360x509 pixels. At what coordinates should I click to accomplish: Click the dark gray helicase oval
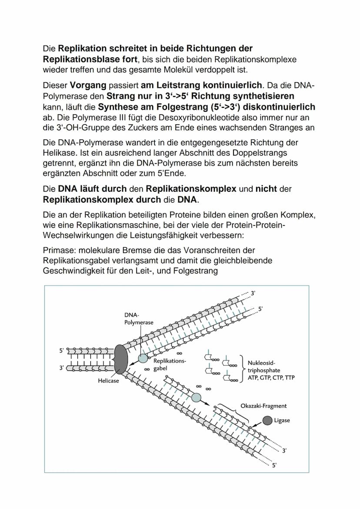coord(121,359)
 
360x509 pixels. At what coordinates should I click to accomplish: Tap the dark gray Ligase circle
coord(268,420)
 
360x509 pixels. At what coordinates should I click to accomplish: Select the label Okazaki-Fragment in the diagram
coord(263,406)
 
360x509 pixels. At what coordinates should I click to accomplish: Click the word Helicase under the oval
coord(108,381)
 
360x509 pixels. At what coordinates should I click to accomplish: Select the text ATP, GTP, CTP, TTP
coord(271,378)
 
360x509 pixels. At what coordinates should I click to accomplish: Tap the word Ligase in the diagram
coord(282,420)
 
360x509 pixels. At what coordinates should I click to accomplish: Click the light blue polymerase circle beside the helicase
coord(143,359)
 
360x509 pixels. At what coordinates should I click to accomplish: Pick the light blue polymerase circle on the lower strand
coord(197,397)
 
